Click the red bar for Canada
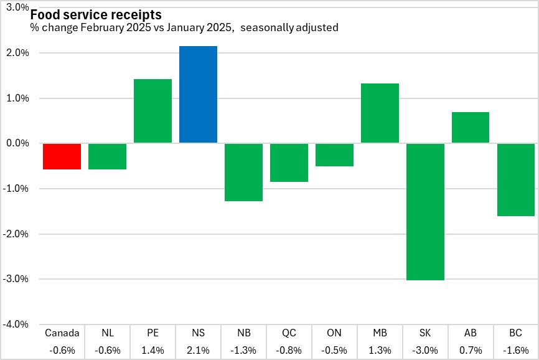tap(62, 156)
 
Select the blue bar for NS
tap(199, 95)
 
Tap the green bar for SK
tap(425, 212)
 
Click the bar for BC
tap(516, 180)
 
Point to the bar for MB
tap(380, 113)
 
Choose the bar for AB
tap(471, 128)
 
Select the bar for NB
tap(244, 173)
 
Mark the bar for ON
tap(335, 155)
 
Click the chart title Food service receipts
tap(96, 14)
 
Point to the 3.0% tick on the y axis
tap(17, 8)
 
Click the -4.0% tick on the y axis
tap(16, 324)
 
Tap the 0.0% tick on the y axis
tap(17, 143)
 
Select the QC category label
tap(289, 333)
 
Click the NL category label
tap(108, 333)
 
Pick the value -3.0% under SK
tap(425, 350)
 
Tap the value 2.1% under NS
tap(199, 350)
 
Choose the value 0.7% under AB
tap(471, 350)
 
